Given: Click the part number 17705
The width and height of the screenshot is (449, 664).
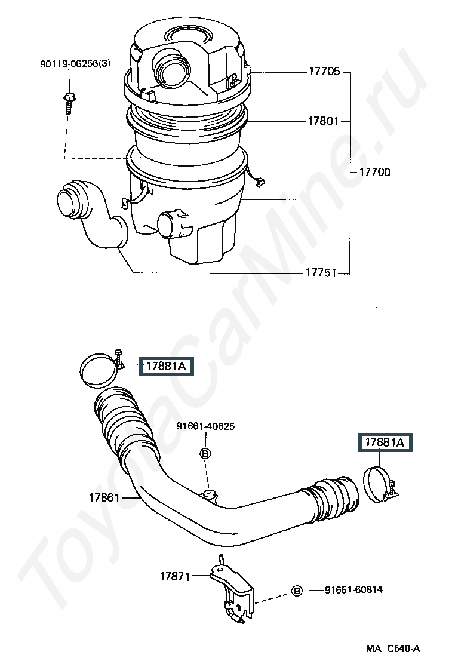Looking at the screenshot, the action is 324,71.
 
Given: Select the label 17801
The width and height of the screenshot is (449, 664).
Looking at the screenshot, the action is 324,121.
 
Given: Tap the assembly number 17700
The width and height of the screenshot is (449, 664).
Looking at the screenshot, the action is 375,172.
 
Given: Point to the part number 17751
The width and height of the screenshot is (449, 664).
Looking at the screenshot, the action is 321,273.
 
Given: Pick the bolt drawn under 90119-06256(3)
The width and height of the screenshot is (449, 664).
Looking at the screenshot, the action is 69,103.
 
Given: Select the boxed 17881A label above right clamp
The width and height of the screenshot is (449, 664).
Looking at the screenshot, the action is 385,442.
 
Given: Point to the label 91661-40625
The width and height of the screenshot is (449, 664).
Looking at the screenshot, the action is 205,426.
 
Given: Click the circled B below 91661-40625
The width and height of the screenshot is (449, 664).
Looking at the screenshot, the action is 205,454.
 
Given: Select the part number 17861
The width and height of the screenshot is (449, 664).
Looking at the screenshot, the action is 104,497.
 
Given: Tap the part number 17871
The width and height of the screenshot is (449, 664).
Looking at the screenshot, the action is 175,576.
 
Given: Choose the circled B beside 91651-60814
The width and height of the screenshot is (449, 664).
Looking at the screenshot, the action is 297,591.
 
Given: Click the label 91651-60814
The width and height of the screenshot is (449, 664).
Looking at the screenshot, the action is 353,589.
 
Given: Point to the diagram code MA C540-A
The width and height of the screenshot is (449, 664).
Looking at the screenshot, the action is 393,648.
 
